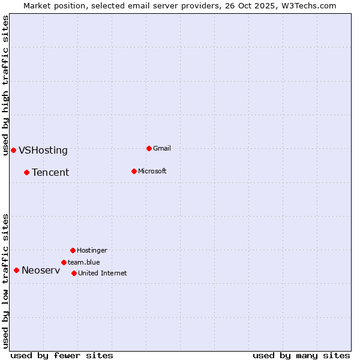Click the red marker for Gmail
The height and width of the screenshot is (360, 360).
pyautogui.click(x=149, y=148)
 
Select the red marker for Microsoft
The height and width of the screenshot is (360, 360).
pyautogui.click(x=134, y=171)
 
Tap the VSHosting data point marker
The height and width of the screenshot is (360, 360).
pyautogui.click(x=13, y=150)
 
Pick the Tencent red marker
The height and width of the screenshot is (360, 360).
pyautogui.click(x=26, y=172)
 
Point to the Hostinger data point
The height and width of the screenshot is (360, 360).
pyautogui.click(x=73, y=250)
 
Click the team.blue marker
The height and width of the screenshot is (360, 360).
pyautogui.click(x=64, y=262)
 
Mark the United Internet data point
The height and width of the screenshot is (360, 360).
pyautogui.click(x=74, y=273)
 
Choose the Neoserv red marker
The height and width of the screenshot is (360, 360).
pyautogui.click(x=16, y=270)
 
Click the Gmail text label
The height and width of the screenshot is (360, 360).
pyautogui.click(x=162, y=148)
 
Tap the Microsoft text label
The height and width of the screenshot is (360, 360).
pyautogui.click(x=152, y=171)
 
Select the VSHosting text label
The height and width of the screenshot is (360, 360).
pyautogui.click(x=43, y=151)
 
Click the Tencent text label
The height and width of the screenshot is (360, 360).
pyautogui.click(x=50, y=173)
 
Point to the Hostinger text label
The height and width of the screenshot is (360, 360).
pyautogui.click(x=92, y=250)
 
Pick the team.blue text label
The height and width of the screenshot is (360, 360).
pyautogui.click(x=83, y=262)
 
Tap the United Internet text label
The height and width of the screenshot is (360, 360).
pyautogui.click(x=102, y=273)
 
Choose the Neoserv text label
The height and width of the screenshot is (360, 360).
pyautogui.click(x=41, y=271)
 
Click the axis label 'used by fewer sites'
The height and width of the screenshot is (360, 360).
pyautogui.click(x=62, y=355)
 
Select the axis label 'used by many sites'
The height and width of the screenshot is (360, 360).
pyautogui.click(x=301, y=355)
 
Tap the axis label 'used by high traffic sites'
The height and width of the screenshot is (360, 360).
pyautogui.click(x=5, y=85)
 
